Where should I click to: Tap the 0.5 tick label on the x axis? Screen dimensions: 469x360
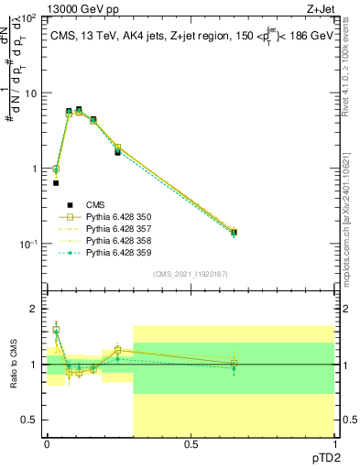click(x=191, y=443)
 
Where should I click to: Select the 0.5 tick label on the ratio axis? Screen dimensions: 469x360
click(x=29, y=420)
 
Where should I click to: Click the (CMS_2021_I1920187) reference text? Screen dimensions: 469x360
click(x=191, y=274)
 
